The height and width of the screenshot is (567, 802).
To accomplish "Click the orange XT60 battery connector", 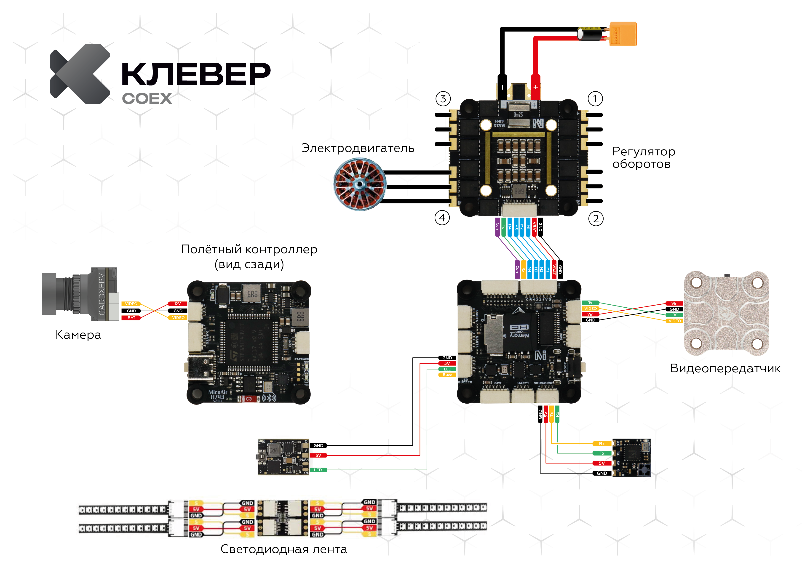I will click(623, 34).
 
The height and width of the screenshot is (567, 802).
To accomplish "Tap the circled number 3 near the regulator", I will click(443, 99).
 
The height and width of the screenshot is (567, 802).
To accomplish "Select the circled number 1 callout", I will click(595, 99).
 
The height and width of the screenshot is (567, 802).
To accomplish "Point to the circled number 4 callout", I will click(442, 218).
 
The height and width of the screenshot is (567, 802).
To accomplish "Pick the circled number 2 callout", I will click(596, 219).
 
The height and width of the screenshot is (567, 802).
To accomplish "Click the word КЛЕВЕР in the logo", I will click(196, 74).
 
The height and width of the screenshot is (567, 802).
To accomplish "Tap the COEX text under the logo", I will click(147, 99).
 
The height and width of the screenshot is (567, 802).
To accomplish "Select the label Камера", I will click(78, 335).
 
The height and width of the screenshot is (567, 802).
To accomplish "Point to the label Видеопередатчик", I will click(725, 369).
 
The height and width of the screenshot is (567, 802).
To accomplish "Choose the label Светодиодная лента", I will click(284, 549).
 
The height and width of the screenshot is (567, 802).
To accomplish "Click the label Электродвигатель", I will click(358, 148).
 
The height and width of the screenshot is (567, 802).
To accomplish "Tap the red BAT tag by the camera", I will click(131, 318).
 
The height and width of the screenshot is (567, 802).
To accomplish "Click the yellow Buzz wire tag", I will click(447, 375).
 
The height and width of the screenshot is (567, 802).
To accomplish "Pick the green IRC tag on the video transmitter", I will click(674, 315).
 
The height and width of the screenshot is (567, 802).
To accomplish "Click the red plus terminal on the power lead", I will click(535, 87).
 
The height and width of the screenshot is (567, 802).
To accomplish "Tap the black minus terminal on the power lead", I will click(502, 87).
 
